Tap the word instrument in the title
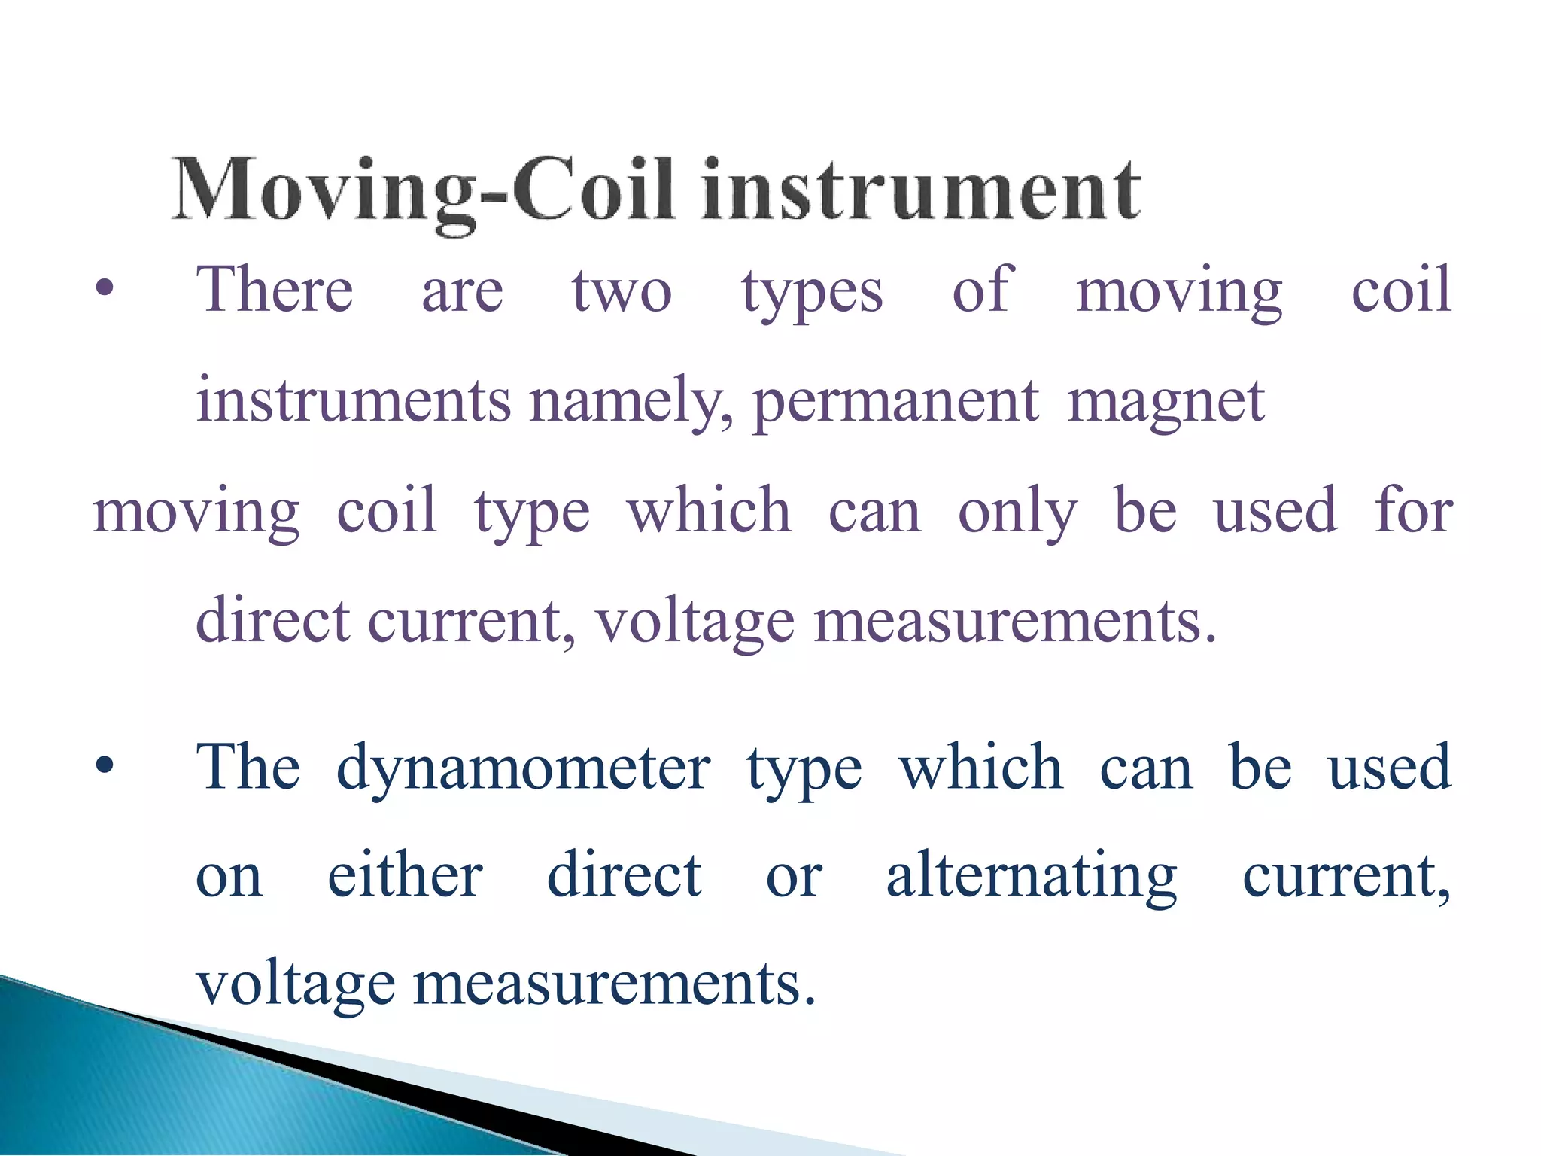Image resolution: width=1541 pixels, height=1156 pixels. [x=921, y=190]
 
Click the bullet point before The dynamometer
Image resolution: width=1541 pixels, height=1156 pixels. [x=105, y=766]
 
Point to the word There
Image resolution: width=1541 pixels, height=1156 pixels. [x=275, y=289]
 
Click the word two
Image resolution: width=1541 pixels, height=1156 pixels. [x=622, y=291]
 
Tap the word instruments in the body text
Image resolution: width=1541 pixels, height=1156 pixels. [x=354, y=400]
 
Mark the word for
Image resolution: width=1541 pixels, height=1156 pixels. [x=1413, y=510]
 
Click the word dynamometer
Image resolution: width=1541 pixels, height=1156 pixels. [x=523, y=768]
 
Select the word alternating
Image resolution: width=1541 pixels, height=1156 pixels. [x=1032, y=877]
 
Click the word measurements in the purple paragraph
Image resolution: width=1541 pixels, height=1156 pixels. [x=1014, y=622]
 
